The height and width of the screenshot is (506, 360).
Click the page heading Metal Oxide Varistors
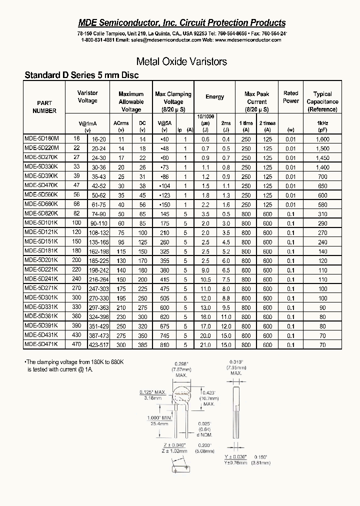pyautogui.click(x=181, y=61)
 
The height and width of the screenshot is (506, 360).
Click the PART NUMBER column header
pyautogui.click(x=44, y=107)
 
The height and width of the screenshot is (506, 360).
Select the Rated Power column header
pyautogui.click(x=290, y=97)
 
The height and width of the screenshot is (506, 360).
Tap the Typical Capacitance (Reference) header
pyautogui.click(x=322, y=101)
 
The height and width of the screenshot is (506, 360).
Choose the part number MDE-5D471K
pyautogui.click(x=41, y=344)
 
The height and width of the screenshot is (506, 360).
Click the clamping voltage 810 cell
pyautogui.click(x=164, y=345)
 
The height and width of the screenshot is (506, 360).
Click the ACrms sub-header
pyautogui.click(x=121, y=123)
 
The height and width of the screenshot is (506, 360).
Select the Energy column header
pyautogui.click(x=215, y=97)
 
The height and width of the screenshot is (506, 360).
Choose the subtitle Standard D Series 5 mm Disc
pyautogui.click(x=81, y=75)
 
